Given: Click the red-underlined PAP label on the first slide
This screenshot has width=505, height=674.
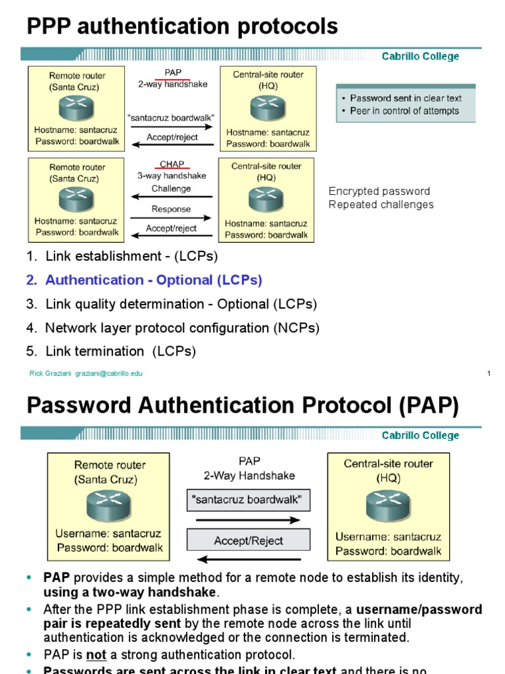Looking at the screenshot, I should pos(172,73).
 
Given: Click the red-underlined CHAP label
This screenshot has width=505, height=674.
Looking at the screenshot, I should pos(172,164).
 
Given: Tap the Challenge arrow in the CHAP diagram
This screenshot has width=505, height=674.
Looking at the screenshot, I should pos(172,196).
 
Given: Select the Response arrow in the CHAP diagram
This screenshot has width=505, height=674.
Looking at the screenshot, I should pos(172,217).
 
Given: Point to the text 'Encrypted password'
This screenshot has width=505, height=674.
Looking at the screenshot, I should pos(379,192).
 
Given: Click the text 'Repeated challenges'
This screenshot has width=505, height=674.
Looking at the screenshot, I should pos(381,205).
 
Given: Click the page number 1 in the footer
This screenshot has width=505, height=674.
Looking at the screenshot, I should pos(489,373).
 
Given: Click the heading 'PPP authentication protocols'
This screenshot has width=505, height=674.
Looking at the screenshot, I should pos(182,27).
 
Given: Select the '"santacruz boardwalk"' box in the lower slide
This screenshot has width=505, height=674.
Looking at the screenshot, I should pos(248,500).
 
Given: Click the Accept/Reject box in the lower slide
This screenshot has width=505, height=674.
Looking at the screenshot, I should pos(248,540).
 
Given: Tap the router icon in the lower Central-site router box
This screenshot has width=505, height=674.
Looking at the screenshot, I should pos(387,506).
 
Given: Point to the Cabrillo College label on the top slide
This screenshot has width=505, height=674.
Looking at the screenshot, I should pos(420,57).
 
